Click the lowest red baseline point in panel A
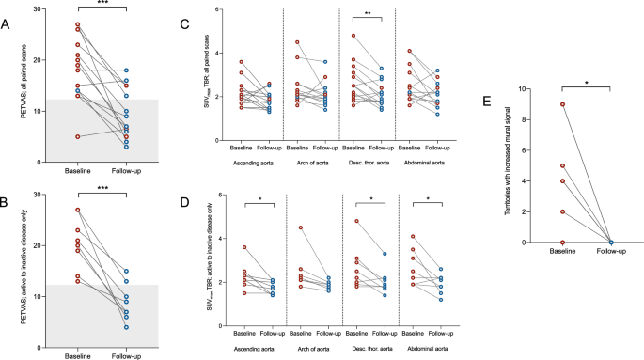tap(77, 136)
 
